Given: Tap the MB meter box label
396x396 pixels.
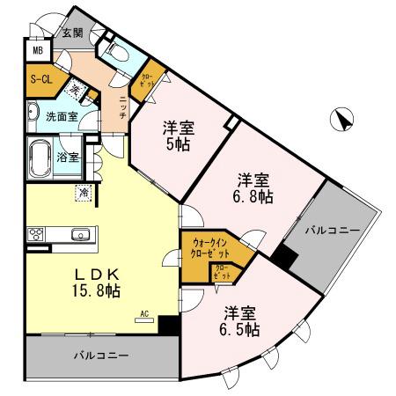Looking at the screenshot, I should tap(38, 51).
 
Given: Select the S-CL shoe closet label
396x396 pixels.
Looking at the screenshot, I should tap(39, 79).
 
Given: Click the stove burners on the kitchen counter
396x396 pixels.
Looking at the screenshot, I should tap(38, 235).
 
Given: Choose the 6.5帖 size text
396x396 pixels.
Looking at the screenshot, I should tap(238, 331).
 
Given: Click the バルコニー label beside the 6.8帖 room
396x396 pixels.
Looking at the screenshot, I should tap(333, 230).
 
